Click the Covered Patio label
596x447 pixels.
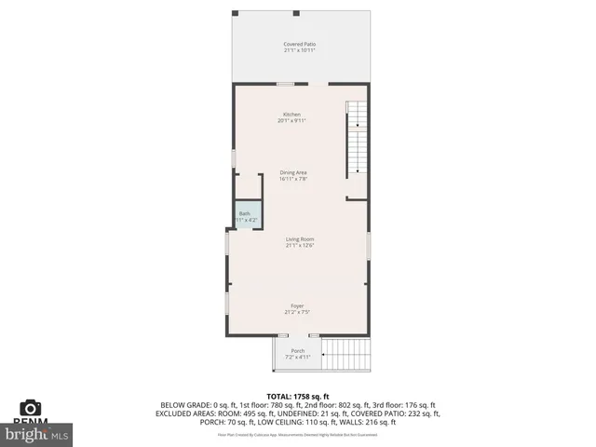point(299,44)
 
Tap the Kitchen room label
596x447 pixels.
point(292,115)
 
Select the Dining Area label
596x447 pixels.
point(293,172)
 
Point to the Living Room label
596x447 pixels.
point(300,239)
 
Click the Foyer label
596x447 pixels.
point(297,306)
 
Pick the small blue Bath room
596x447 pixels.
point(246,215)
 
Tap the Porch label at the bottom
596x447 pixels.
point(298,351)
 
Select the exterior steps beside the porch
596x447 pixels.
point(348,353)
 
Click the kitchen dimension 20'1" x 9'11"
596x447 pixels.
point(292,121)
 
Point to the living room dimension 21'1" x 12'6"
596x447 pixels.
point(300,246)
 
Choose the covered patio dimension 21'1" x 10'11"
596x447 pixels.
point(299,50)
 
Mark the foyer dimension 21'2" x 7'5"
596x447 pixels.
point(297,313)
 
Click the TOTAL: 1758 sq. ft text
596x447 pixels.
point(298,397)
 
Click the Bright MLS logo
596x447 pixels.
point(37,433)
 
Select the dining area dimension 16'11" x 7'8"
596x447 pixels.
point(293,179)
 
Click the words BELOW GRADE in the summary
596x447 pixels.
point(184,405)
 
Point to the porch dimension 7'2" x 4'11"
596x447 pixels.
point(298,358)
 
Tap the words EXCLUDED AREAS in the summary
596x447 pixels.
point(188,413)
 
